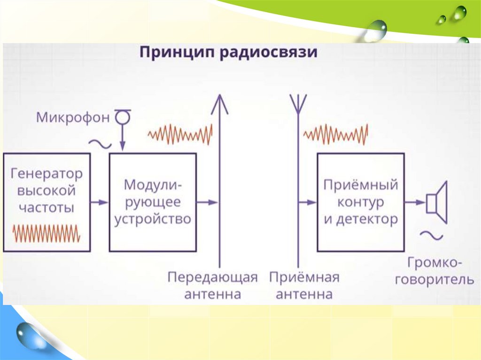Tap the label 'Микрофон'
point(72,117)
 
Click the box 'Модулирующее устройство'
point(153,202)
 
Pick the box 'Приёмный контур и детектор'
point(360,202)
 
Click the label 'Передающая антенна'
point(213,285)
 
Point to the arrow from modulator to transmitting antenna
point(207,202)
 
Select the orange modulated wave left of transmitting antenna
point(180,135)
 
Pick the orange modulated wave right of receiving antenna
point(336,135)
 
